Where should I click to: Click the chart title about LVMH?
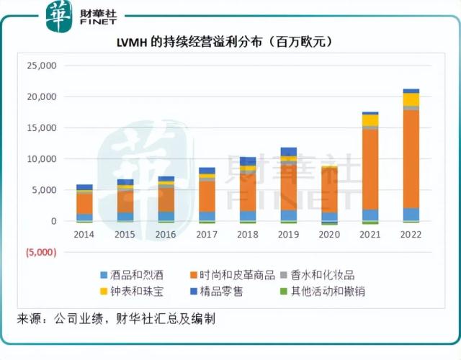tap(226, 42)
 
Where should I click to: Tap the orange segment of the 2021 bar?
tap(370, 169)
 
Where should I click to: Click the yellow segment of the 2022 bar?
tap(411, 99)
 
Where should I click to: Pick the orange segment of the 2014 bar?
tap(84, 204)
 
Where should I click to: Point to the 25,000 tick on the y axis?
tap(42, 66)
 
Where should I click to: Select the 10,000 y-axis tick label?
tap(42, 159)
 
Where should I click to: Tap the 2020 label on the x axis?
tap(329, 235)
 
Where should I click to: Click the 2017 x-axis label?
tap(207, 235)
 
